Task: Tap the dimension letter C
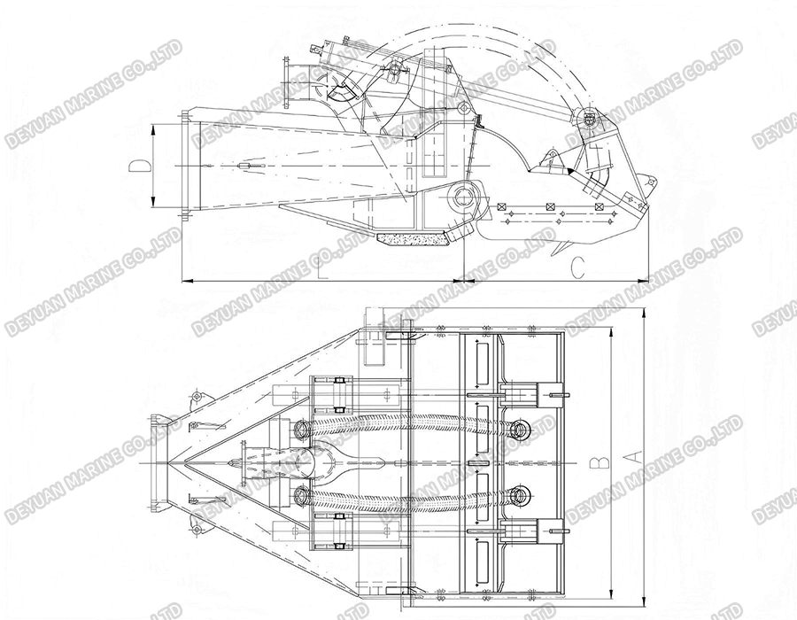coord(577,267)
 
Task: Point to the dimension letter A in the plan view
coord(632,457)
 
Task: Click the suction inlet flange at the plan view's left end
coord(159,461)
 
